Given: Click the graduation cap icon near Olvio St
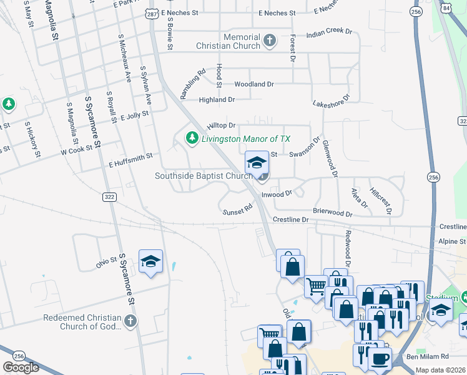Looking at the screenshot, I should [150, 261].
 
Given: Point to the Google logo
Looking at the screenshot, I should [21, 367].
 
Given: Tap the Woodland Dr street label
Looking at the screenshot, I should [254, 84].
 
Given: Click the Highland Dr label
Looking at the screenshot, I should [216, 99].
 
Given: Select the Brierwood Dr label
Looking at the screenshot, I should [332, 213].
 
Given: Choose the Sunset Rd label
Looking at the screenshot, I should [237, 211].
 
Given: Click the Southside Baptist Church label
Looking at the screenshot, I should [203, 176].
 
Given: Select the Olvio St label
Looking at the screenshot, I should [106, 259].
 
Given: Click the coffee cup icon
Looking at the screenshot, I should [380, 359].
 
